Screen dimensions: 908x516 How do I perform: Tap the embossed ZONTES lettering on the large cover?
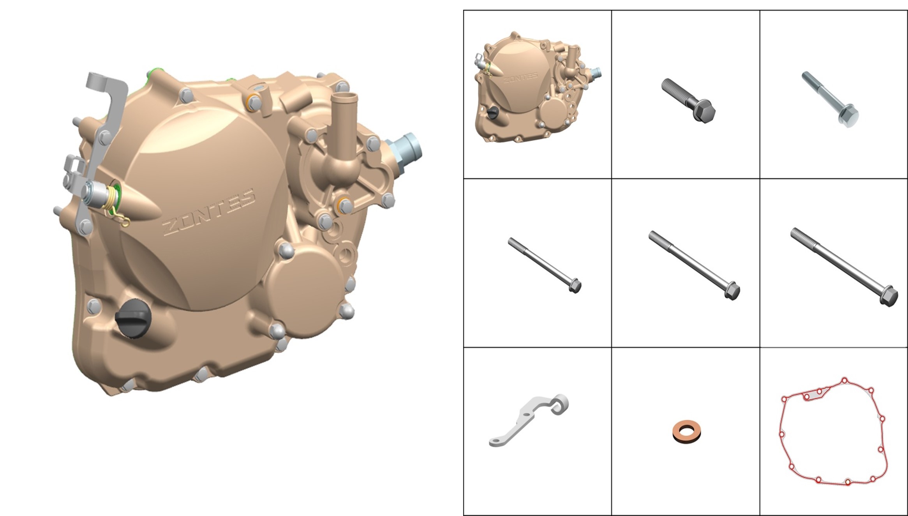point(209,212)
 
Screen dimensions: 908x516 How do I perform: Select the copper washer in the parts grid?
point(686,431)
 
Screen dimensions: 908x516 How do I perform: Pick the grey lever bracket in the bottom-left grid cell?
point(525,422)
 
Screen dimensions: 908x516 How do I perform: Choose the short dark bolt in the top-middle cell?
point(688,101)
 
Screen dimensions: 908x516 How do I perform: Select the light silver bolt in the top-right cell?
point(830,99)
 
